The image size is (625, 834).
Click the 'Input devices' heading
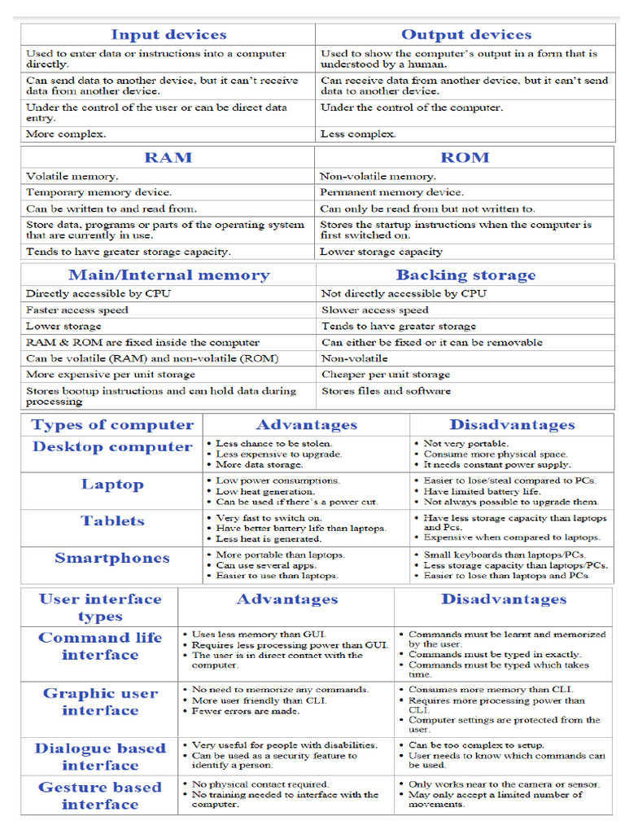coord(168,34)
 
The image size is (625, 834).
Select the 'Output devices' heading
coord(465,34)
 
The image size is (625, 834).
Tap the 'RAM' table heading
coord(168,157)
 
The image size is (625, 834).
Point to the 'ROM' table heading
coord(465,157)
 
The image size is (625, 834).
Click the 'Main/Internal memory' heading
coord(168,275)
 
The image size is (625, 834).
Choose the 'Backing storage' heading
coord(465,275)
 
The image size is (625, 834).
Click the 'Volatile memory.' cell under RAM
coord(72,176)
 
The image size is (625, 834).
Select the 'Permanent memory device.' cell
coord(391,192)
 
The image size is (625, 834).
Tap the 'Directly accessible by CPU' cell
coord(98,293)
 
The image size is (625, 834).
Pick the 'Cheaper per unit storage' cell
coord(385,375)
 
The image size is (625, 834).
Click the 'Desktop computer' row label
coord(112,447)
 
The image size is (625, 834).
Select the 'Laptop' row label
coord(112,485)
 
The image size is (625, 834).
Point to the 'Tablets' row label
coord(112,521)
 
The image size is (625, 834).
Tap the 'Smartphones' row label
coord(112,559)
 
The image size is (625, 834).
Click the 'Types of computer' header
coord(112,425)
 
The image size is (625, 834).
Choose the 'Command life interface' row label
coord(100,647)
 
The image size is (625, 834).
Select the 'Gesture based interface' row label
coord(100,796)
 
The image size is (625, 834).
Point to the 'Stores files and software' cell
coord(386,391)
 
